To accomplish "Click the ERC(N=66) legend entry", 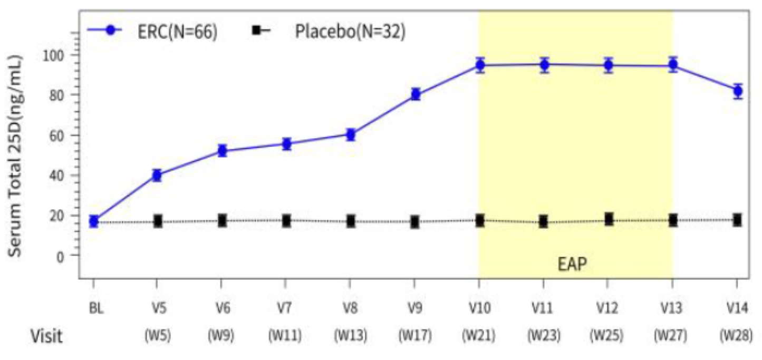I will tap(174, 31).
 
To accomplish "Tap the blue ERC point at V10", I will tap(480, 65).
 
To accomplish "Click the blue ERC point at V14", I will tap(737, 91).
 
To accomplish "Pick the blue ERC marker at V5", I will tap(157, 176).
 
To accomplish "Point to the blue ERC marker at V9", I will tap(416, 94).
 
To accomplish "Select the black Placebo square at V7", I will tap(286, 221).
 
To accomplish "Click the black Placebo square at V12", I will tap(609, 220).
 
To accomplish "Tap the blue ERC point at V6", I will tap(222, 151).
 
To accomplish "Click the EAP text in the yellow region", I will tap(572, 264).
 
